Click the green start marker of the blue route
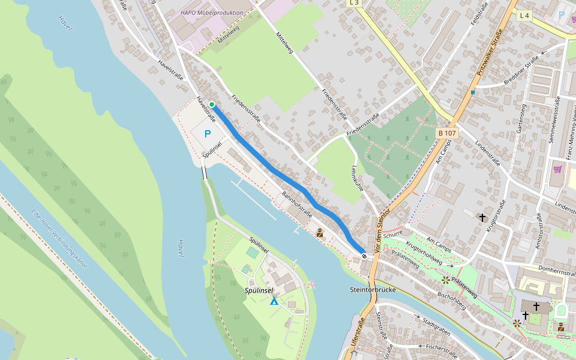click(x=212, y=104)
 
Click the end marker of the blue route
click(x=364, y=256)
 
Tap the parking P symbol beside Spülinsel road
click(x=208, y=134)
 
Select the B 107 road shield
click(x=448, y=133)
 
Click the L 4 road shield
click(x=524, y=15)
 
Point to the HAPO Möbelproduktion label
click(x=212, y=13)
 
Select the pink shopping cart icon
click(x=558, y=169)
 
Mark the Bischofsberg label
click(x=451, y=295)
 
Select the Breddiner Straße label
click(x=521, y=70)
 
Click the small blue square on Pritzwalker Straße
click(x=473, y=92)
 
